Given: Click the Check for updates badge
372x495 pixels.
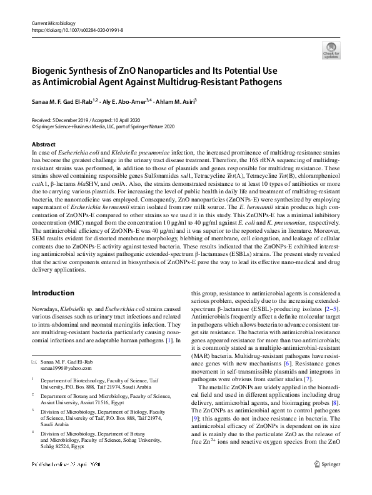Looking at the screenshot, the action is click(x=331, y=50).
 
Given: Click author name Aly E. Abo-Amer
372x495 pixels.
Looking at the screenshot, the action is click(x=128, y=101).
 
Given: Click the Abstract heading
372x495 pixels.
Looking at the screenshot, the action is click(x=43, y=145).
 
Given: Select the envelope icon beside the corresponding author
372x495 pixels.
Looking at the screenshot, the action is click(x=34, y=363).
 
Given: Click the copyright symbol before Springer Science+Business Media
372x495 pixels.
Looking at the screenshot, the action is click(x=34, y=126).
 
